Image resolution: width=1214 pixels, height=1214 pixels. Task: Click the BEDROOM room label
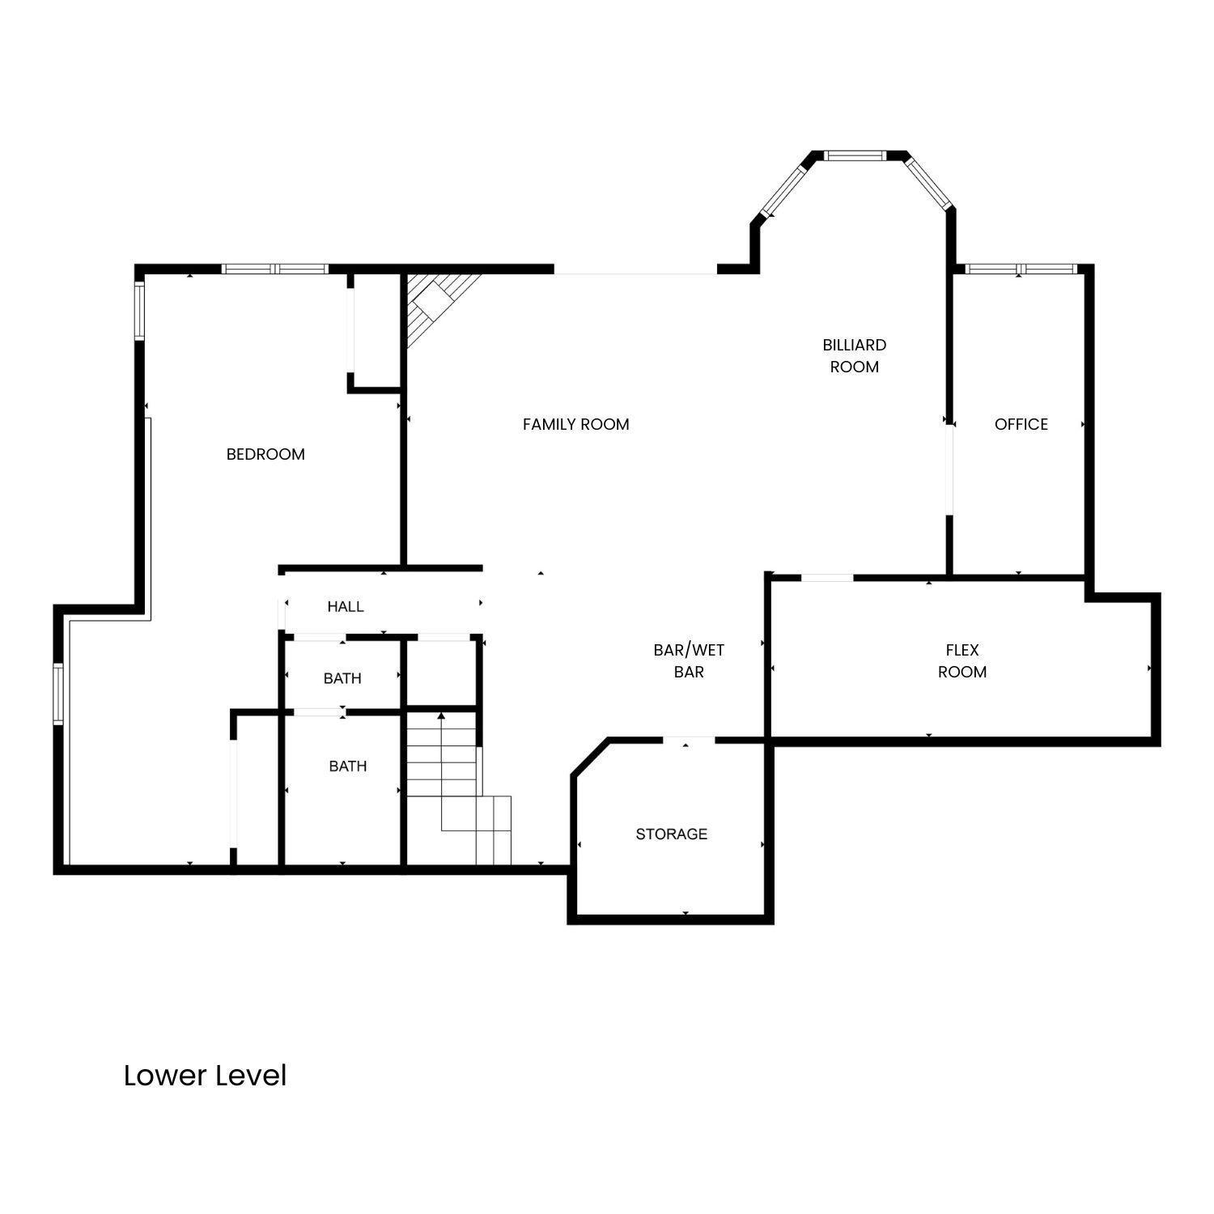(x=265, y=454)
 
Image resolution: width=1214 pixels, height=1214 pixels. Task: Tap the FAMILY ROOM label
(x=575, y=424)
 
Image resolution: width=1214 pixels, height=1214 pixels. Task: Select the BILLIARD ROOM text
(x=854, y=355)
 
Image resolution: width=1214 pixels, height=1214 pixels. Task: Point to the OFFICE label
(x=1021, y=424)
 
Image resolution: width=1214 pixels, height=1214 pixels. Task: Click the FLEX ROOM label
(x=961, y=660)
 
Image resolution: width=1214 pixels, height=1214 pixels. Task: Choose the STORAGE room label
(x=671, y=834)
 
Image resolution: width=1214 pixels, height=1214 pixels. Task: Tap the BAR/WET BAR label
(x=689, y=660)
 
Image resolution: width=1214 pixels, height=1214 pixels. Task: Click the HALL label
(x=346, y=606)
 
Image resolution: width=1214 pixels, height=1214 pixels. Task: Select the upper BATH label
(x=342, y=678)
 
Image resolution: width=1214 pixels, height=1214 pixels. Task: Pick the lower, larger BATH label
(x=348, y=766)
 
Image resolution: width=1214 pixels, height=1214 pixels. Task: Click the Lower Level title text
(x=205, y=1076)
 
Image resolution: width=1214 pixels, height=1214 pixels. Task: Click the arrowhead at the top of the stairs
(x=441, y=716)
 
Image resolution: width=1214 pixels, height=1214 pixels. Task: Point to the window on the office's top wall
(x=1020, y=270)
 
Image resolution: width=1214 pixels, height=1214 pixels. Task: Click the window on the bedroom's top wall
(x=275, y=270)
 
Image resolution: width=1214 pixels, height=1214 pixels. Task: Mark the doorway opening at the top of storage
(x=689, y=740)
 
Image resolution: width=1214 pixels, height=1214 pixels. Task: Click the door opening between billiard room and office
(x=950, y=469)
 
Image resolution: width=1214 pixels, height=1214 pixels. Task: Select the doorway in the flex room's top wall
(x=827, y=577)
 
